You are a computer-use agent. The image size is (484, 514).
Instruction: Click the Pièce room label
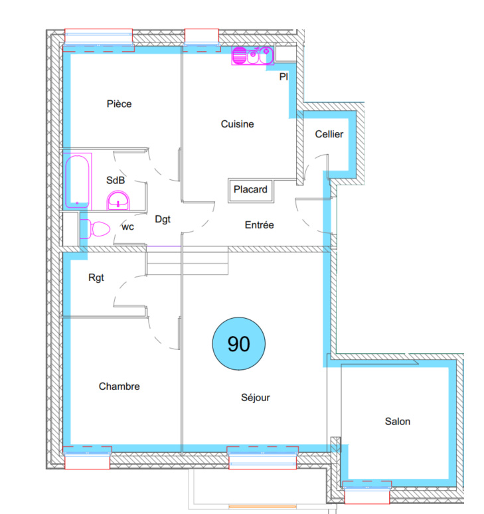(120, 104)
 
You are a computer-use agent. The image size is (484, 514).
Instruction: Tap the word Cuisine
(237, 124)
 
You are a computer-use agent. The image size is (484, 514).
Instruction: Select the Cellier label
(329, 134)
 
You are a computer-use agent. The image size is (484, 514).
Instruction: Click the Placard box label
(250, 189)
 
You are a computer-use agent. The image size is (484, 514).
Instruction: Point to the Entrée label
(259, 225)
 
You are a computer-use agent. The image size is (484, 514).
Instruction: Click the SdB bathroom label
(116, 180)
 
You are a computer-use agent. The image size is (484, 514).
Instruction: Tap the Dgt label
(163, 219)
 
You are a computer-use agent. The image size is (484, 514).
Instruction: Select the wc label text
(127, 227)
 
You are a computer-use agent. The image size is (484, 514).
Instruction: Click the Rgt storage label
(96, 278)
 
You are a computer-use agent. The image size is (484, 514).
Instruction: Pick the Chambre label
(120, 386)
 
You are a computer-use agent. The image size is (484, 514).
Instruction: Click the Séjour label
(255, 398)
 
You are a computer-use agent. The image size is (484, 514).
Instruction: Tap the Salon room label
(398, 421)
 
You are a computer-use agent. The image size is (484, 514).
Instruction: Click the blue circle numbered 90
(239, 344)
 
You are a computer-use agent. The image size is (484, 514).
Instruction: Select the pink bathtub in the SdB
(77, 181)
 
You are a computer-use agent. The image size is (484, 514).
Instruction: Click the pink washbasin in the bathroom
(118, 201)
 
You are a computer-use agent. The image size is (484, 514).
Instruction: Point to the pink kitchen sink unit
(253, 55)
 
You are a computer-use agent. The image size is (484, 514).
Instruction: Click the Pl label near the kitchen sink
(283, 77)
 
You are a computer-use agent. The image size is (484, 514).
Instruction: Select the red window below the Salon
(367, 492)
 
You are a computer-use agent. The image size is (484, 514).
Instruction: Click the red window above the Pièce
(99, 40)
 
